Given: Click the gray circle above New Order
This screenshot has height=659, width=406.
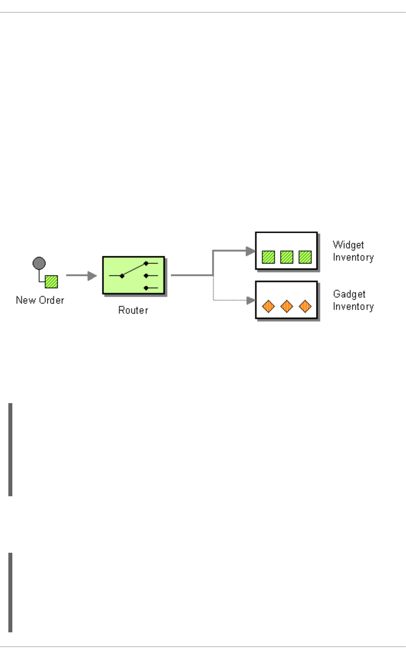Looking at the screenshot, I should tap(39, 263).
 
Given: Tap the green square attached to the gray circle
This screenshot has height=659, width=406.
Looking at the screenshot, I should tap(51, 282).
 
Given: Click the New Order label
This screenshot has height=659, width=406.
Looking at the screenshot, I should tap(40, 300).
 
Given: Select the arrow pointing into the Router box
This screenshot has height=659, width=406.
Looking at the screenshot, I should tap(92, 275).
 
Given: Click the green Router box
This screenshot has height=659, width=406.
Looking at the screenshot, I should tap(133, 275).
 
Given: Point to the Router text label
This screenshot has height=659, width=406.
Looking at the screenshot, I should tap(133, 310).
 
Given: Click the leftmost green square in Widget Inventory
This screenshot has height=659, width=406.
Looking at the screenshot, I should tap(268, 257).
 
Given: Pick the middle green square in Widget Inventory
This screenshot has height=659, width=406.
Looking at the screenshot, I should tap(287, 257).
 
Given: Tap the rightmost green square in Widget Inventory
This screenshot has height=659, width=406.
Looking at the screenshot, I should tap(305, 257).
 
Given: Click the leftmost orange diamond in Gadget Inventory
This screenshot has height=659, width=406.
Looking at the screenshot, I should tap(268, 306).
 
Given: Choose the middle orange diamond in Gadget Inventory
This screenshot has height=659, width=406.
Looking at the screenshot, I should tap(287, 306).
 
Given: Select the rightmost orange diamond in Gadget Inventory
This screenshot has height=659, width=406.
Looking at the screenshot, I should tap(305, 306).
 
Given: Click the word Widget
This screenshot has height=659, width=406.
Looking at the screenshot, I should tap(348, 245).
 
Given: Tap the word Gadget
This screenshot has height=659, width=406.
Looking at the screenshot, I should tap(349, 294).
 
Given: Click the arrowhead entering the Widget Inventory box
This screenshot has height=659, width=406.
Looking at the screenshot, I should tap(250, 251).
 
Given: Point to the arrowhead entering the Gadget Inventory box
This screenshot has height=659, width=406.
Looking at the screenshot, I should tap(250, 300).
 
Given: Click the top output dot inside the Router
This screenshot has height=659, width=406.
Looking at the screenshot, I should tap(146, 263).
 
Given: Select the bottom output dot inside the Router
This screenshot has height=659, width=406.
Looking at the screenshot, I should tap(146, 288).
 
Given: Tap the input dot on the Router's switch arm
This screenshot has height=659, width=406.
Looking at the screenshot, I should tap(122, 276).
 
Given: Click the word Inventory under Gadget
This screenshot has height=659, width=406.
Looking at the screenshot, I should tap(353, 306).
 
